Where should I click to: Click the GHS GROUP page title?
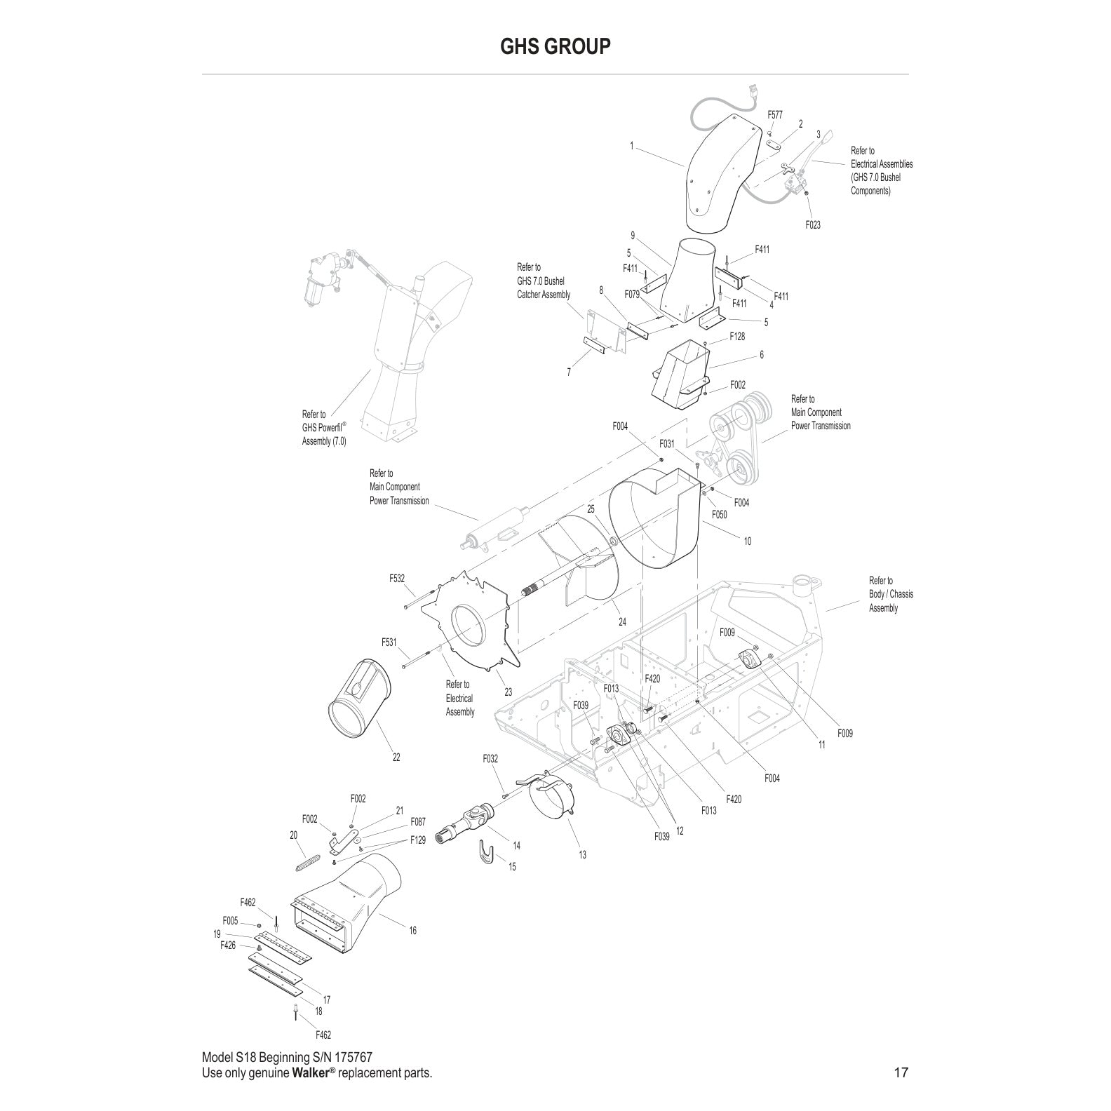pyautogui.click(x=555, y=46)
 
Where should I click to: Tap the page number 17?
pyautogui.click(x=901, y=1072)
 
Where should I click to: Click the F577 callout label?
pyautogui.click(x=775, y=114)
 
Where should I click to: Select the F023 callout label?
pyautogui.click(x=812, y=225)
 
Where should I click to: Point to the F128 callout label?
pyautogui.click(x=737, y=337)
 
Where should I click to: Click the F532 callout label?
pyautogui.click(x=397, y=579)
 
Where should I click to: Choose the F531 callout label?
pyautogui.click(x=389, y=642)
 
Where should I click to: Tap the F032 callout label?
pyautogui.click(x=490, y=758)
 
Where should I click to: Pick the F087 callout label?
pyautogui.click(x=418, y=821)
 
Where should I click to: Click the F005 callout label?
pyautogui.click(x=230, y=920)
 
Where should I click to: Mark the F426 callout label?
pyautogui.click(x=228, y=945)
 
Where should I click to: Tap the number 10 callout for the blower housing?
pyautogui.click(x=747, y=541)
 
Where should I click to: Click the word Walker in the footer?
pyautogui.click(x=308, y=1073)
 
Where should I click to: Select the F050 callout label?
pyautogui.click(x=719, y=515)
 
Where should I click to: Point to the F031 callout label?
pyautogui.click(x=666, y=444)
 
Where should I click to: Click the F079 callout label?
pyautogui.click(x=632, y=295)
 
